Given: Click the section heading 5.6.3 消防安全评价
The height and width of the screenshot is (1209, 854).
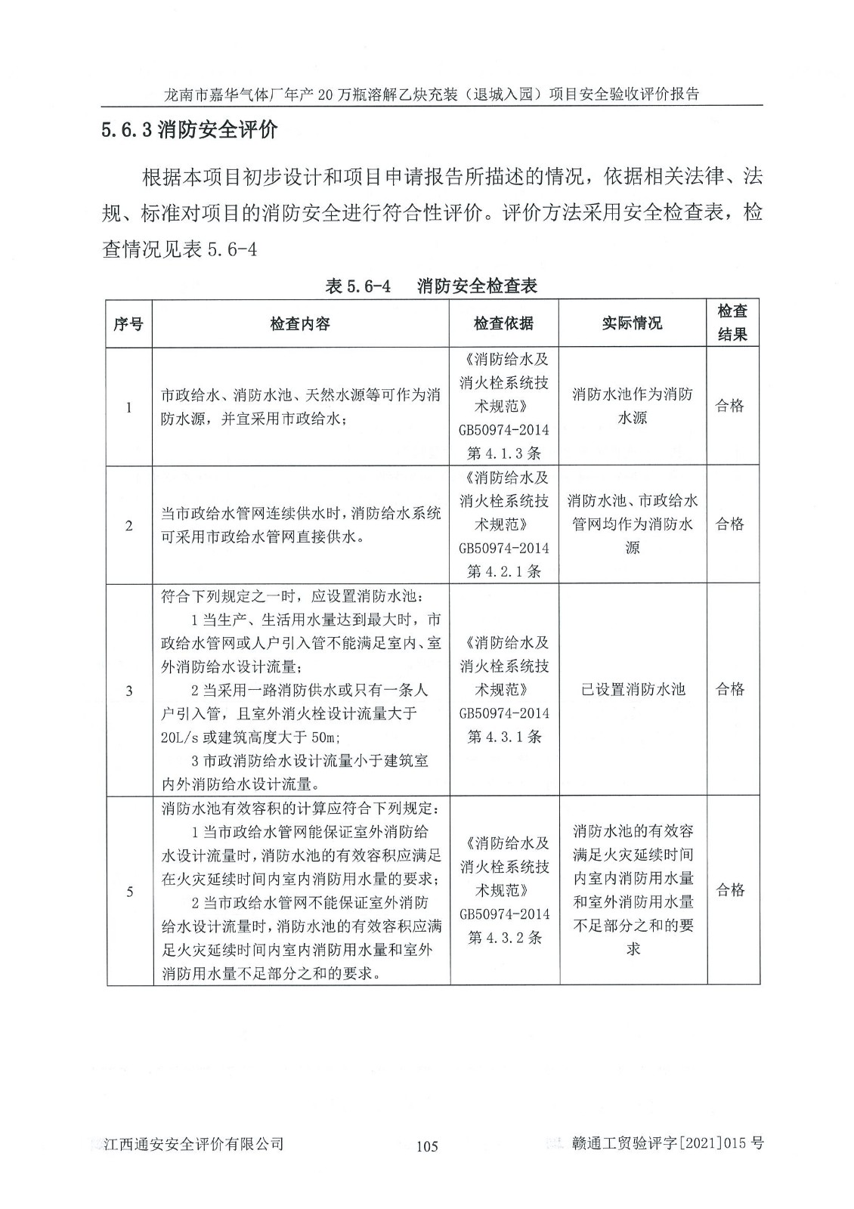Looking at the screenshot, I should (x=190, y=131).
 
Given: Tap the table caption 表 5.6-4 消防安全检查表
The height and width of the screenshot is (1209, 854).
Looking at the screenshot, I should (x=431, y=286).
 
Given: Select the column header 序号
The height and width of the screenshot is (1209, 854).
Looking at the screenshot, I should (x=128, y=323).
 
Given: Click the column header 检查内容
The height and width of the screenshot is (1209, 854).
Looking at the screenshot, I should (x=300, y=323).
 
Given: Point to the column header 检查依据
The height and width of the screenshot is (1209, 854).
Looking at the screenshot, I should (x=503, y=323).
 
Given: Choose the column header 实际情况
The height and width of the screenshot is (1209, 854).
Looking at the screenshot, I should (x=632, y=323).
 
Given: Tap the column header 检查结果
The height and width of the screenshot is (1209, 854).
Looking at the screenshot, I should (x=732, y=323).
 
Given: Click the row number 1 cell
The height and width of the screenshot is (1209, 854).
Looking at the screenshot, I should (x=128, y=407).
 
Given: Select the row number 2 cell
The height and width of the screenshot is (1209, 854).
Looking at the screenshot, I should (x=128, y=525).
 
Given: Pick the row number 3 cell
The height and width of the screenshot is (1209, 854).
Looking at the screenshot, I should (x=128, y=690).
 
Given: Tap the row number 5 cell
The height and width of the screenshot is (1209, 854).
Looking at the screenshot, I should (x=128, y=892).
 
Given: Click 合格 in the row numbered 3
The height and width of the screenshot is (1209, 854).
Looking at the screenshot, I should (x=730, y=689).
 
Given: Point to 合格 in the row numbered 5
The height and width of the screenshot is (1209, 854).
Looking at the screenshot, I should (x=730, y=890).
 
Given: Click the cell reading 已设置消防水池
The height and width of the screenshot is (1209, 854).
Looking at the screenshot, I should (x=633, y=689).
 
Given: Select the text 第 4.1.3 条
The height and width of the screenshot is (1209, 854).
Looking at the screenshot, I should (x=503, y=453).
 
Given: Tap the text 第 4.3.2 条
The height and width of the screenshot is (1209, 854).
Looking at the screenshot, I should (x=503, y=938).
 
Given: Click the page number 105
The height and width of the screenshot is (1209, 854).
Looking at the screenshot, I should (x=427, y=1146).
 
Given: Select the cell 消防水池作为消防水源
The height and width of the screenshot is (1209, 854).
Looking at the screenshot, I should (x=633, y=406).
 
